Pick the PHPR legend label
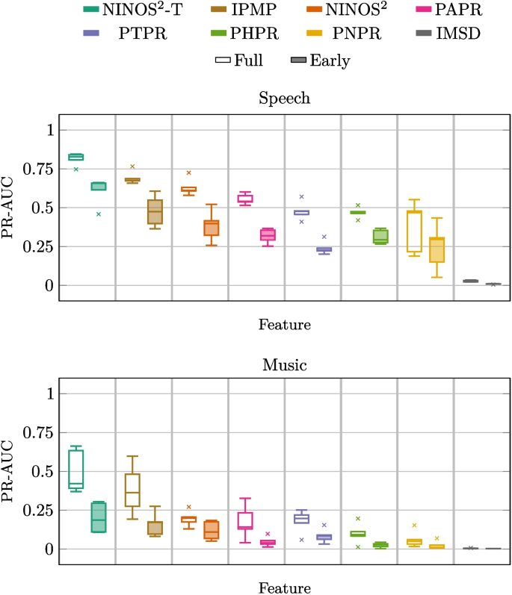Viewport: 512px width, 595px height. point(253,35)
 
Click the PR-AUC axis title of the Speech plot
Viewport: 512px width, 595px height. point(10,208)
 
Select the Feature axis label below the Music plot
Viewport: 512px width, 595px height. point(284,588)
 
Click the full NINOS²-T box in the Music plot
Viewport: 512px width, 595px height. point(75,469)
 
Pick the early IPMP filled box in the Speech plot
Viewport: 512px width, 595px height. point(155,211)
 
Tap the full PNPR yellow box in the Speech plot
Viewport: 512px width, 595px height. point(414,231)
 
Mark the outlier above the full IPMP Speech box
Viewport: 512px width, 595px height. point(132,166)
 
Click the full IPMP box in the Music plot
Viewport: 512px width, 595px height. point(132,490)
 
